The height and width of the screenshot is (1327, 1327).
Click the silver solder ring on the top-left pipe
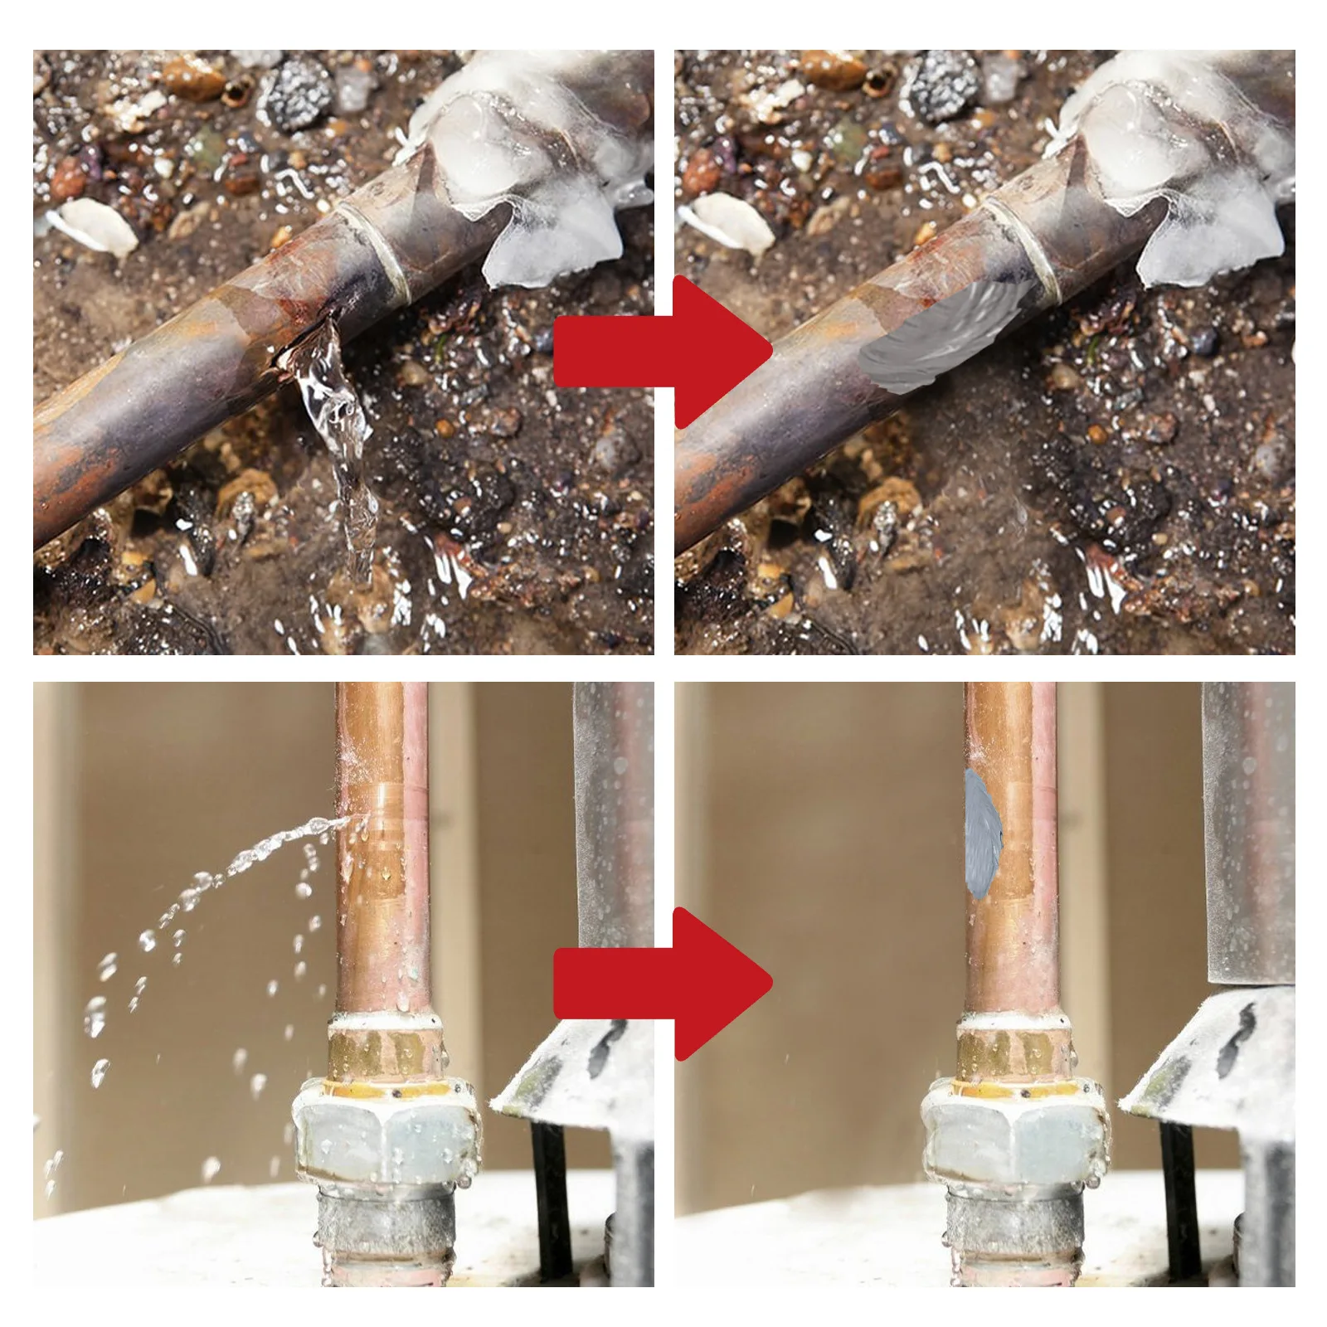point(377,249)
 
